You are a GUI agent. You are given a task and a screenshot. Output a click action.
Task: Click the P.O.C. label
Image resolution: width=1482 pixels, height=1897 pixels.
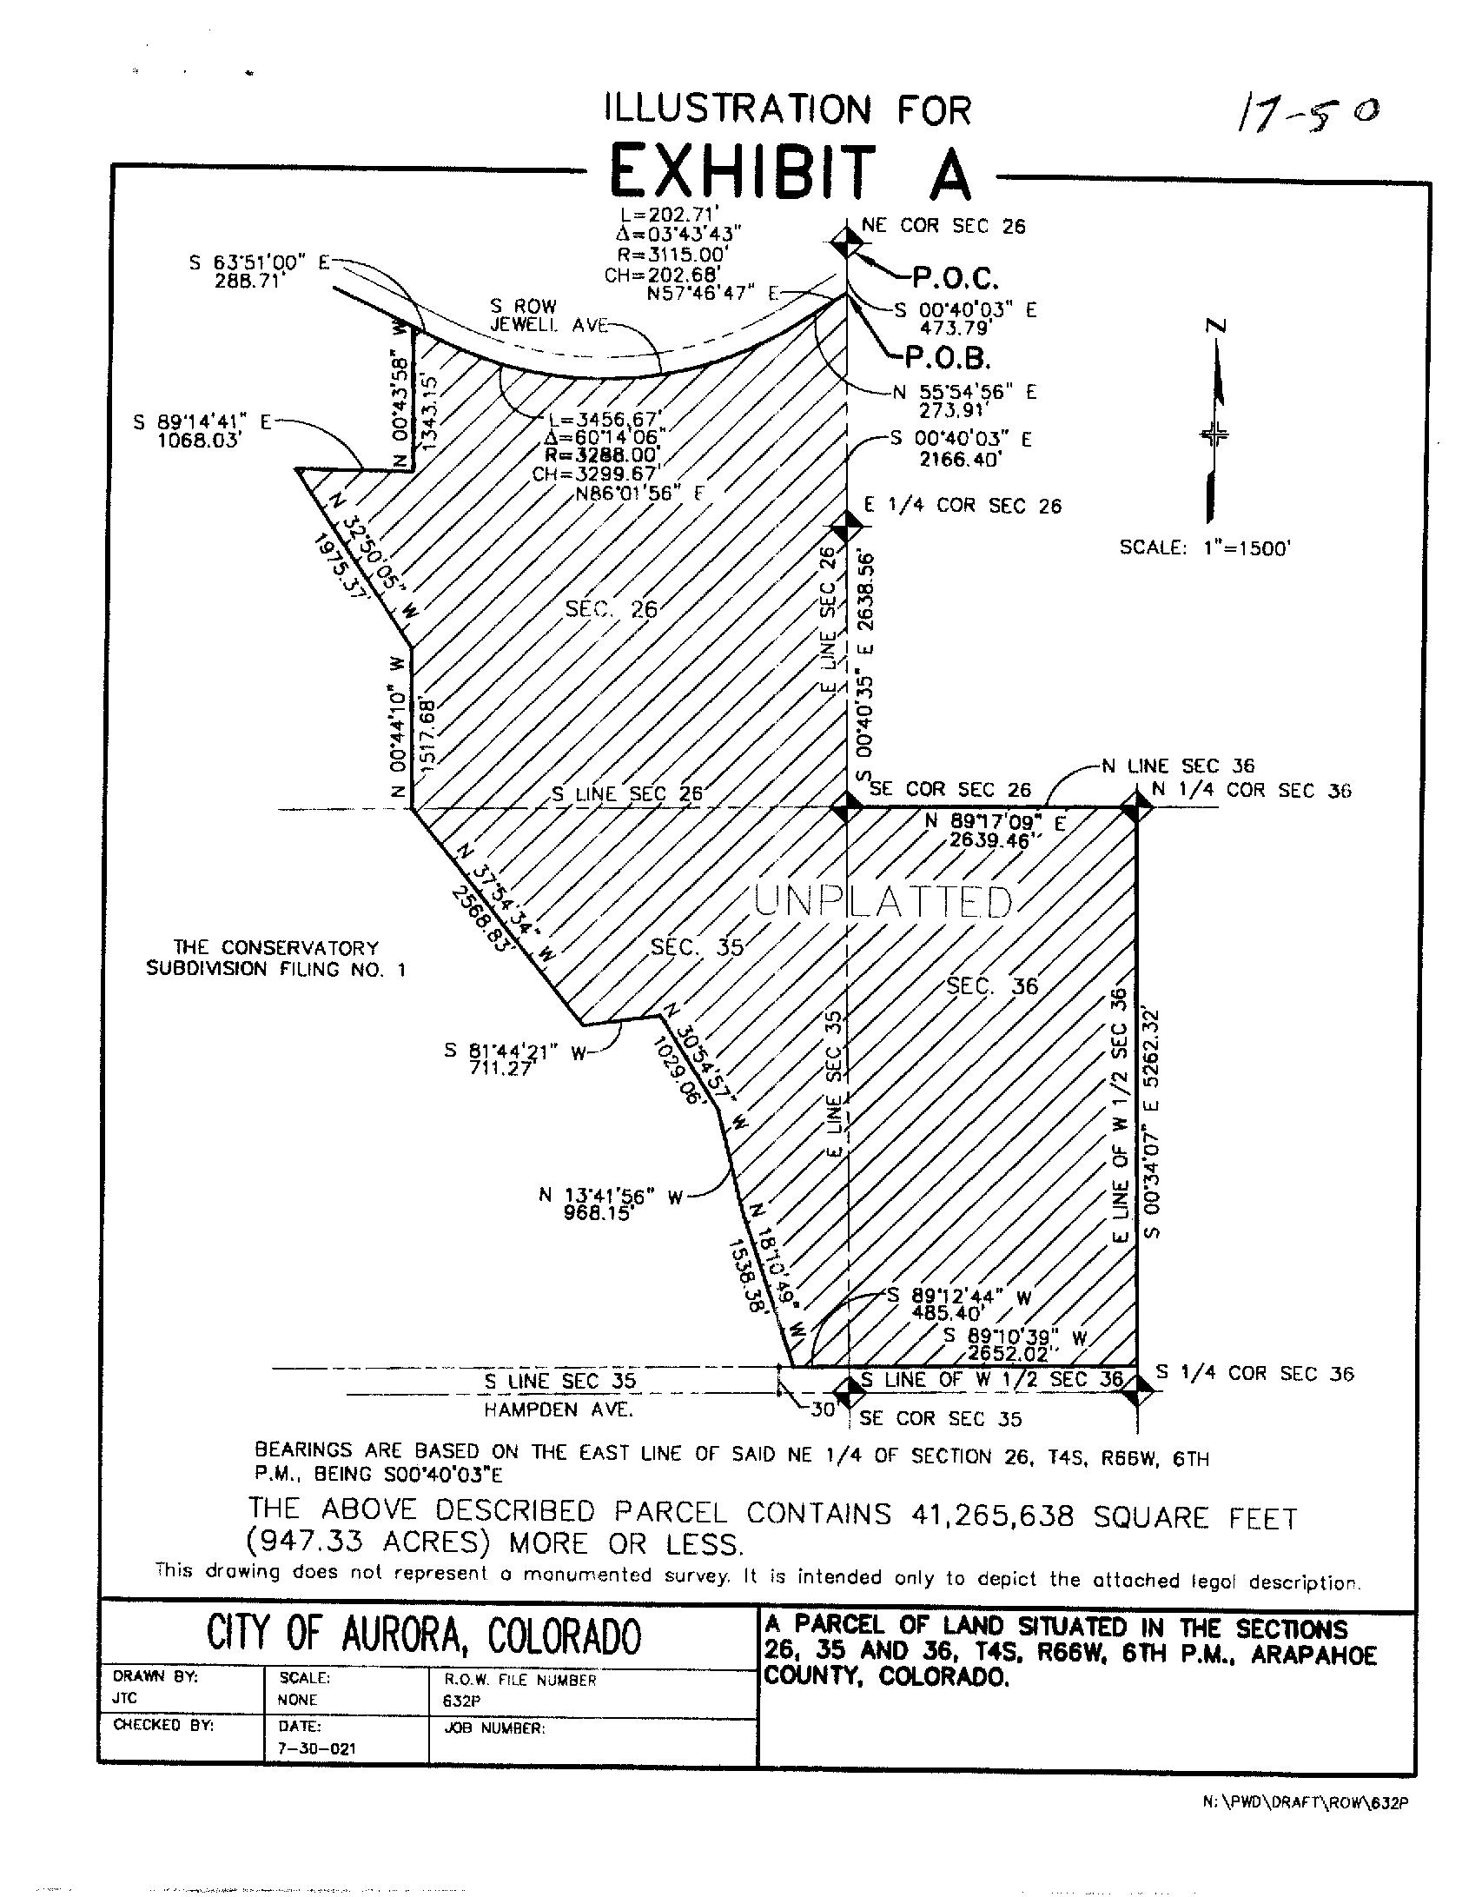point(955,278)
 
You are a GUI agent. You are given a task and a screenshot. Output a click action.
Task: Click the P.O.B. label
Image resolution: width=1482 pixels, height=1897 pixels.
point(948,356)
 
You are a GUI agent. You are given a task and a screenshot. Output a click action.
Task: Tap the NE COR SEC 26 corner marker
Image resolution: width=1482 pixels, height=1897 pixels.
point(846,242)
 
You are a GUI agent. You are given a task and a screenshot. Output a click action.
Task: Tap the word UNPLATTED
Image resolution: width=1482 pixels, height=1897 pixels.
point(883,903)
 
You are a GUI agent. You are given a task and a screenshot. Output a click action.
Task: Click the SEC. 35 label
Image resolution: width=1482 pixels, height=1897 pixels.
point(697,947)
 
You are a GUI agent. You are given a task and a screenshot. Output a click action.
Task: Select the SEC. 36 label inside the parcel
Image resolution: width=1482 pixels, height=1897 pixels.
point(992,986)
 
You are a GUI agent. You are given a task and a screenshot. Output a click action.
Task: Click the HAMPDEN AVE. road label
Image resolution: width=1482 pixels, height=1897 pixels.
point(558,1409)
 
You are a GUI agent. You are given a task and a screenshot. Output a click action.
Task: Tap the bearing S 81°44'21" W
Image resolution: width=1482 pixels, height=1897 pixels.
point(516,1051)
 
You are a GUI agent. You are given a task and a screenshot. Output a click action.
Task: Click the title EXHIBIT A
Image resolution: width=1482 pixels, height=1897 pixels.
point(791,171)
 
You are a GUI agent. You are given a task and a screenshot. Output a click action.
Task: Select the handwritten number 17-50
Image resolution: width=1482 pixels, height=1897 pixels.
point(1306,113)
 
